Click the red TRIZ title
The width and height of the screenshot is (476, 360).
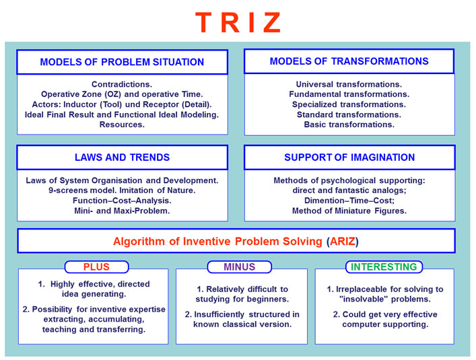(x=238, y=22)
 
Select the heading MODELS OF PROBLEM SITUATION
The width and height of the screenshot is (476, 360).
(x=122, y=62)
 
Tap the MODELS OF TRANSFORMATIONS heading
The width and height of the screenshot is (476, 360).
(x=349, y=61)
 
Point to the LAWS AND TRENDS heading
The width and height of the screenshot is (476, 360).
(x=122, y=157)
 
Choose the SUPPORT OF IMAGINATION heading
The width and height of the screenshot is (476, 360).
(x=349, y=157)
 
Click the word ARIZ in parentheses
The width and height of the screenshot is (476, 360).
(x=342, y=241)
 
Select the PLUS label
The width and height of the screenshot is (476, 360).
(x=96, y=266)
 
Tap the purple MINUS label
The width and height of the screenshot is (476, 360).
(x=239, y=266)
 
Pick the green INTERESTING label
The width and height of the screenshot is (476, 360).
(x=384, y=266)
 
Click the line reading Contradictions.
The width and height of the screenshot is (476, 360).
(x=122, y=84)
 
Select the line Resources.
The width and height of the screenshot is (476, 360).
(x=122, y=124)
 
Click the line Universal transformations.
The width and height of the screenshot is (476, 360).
(x=349, y=84)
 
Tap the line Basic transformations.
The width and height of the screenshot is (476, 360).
(x=349, y=124)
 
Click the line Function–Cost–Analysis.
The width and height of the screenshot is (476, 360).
(x=122, y=201)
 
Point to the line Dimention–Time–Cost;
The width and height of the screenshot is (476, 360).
(x=349, y=201)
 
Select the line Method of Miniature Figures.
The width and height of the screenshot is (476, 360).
(x=349, y=211)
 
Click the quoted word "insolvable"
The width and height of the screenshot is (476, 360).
(x=364, y=299)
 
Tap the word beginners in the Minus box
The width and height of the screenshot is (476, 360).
(x=266, y=299)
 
